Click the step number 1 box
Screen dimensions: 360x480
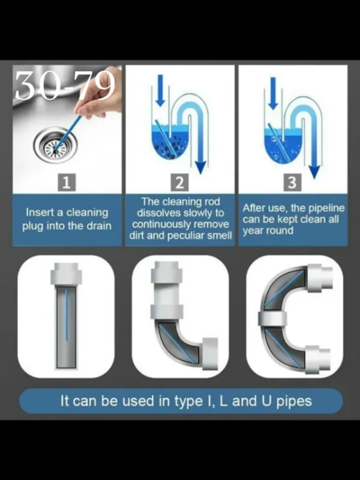pos(67,183)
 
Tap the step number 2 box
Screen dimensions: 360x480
pos(179,183)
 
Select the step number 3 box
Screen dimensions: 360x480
pos(292,182)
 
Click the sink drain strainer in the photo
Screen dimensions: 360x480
pos(55,145)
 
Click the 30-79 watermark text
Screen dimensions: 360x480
pos(65,85)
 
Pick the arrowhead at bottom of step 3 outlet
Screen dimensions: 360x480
pos(314,172)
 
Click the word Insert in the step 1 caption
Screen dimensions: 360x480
pos(37,212)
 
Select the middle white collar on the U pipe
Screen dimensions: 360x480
pos(272,319)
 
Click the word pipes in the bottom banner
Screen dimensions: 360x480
pos(294,401)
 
